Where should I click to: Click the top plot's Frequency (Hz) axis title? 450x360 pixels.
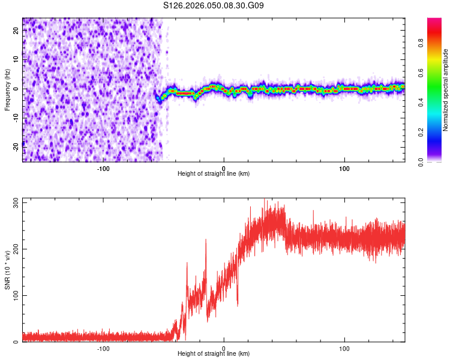(8, 89)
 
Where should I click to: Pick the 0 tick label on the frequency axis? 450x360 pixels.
(16, 89)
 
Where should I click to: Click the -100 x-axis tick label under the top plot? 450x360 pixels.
(103, 167)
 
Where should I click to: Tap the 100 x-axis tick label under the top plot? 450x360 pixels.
(344, 167)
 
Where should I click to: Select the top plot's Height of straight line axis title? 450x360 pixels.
(214, 173)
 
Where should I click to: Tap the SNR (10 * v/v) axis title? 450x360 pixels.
(8, 269)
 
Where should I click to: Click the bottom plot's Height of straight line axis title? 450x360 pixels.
(214, 353)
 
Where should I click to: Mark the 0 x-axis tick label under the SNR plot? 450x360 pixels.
(224, 347)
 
